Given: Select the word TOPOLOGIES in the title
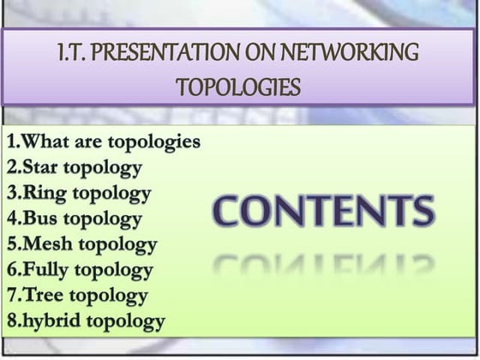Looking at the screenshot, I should tap(239, 87).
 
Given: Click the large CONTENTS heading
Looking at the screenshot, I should tap(323, 213).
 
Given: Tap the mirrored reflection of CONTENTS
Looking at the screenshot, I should tap(323, 267).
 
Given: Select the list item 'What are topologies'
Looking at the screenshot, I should tap(103, 141).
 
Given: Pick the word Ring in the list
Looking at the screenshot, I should tap(44, 192).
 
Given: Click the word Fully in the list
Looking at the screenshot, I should tap(47, 270).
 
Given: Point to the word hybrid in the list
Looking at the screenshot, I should tap(51, 321).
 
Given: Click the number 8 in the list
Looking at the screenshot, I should tap(11, 321).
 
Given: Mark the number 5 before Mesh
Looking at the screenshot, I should tap(11, 243).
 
